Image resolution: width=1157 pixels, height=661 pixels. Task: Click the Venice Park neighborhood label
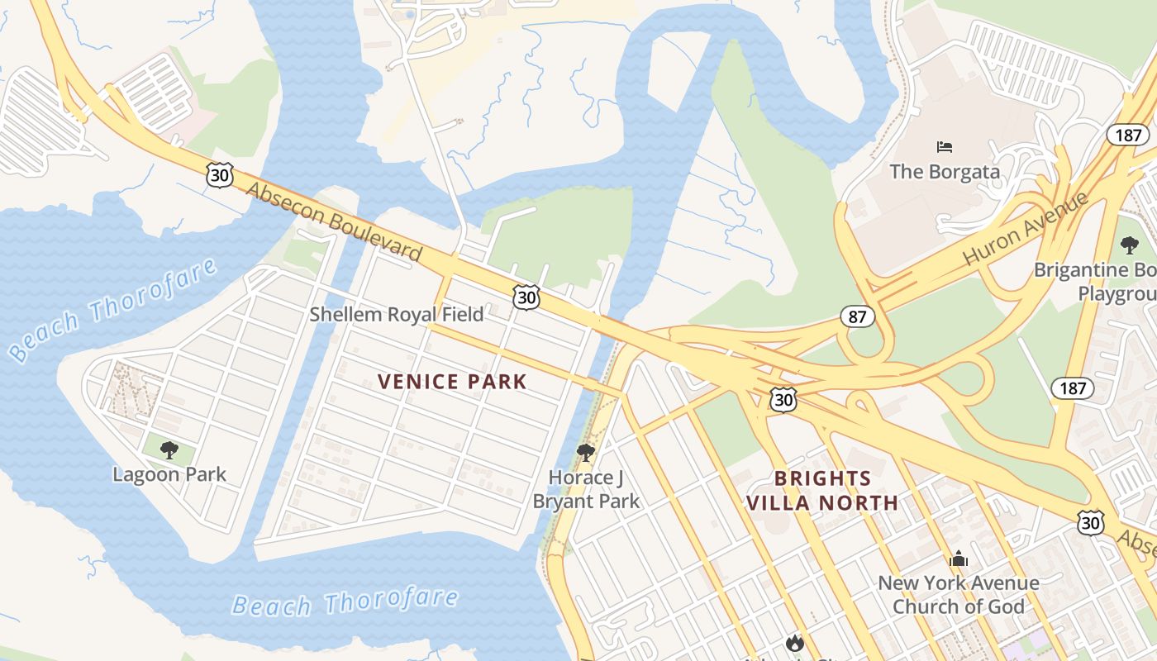(x=452, y=381)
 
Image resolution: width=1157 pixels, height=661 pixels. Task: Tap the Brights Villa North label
(x=822, y=490)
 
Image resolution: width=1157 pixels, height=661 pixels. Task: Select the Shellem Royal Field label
(x=397, y=314)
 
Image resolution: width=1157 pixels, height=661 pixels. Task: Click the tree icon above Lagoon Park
(x=169, y=450)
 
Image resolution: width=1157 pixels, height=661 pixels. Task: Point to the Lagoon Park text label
(x=169, y=474)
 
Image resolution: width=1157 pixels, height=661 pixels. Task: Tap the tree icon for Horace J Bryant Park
(x=586, y=452)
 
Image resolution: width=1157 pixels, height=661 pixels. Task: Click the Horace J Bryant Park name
(x=586, y=489)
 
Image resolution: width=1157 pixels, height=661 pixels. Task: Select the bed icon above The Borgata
(x=945, y=147)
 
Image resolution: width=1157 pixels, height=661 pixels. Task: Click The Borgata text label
(x=945, y=172)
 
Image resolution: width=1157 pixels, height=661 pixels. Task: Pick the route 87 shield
(x=856, y=316)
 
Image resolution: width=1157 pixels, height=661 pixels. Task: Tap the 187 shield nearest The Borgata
(x=1127, y=135)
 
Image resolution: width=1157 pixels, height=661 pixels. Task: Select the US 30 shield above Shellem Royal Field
(x=526, y=297)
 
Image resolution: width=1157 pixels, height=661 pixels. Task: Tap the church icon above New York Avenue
(x=958, y=559)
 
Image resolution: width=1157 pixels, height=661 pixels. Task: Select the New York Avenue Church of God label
(x=958, y=594)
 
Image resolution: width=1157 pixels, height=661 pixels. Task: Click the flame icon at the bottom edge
(x=794, y=643)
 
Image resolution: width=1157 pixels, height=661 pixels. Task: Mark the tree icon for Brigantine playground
(x=1130, y=245)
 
